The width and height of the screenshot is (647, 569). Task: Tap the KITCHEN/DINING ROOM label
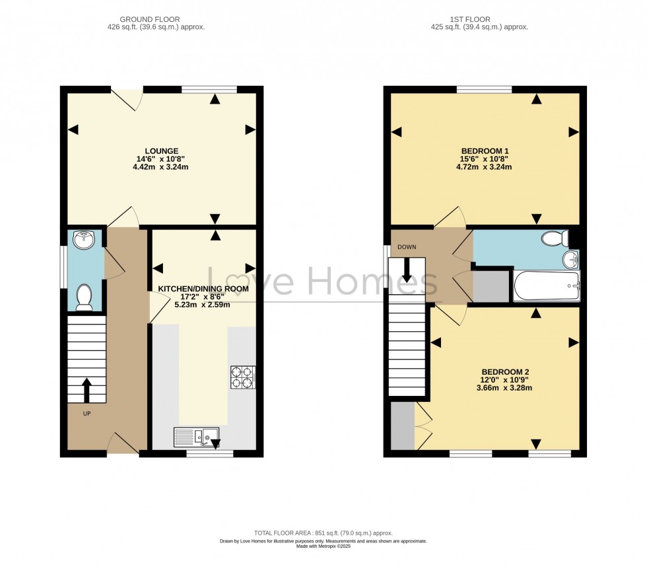pos(203,289)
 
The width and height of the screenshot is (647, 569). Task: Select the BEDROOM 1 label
pos(484,151)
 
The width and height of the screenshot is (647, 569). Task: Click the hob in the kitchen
pos(242,377)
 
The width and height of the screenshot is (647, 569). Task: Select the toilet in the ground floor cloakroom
pos(84,297)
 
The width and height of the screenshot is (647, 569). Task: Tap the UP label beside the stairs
pos(86,414)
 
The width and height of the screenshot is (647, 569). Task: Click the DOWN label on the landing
pos(407,247)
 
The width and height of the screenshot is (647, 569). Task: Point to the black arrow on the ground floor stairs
pos(86,390)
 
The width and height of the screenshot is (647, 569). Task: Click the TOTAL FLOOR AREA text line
pos(323,533)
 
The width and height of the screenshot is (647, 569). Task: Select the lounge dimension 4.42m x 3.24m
pos(160,167)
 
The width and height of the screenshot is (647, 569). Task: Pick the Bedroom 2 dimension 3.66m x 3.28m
pos(504,388)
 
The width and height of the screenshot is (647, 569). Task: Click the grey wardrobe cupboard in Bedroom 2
pos(401,426)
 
